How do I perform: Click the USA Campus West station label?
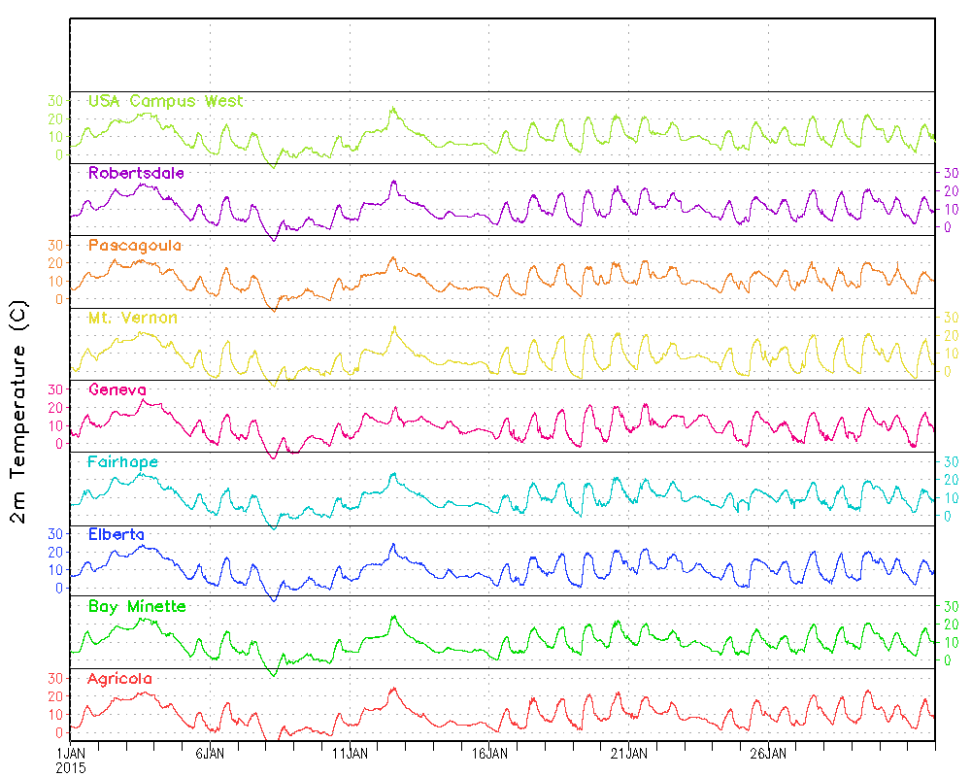(x=165, y=101)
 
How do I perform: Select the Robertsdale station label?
(x=136, y=173)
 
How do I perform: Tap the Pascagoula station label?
(x=135, y=246)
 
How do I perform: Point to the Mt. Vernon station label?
(x=133, y=319)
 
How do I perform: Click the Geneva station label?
(x=117, y=390)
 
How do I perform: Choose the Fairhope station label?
(x=122, y=462)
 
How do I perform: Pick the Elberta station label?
(x=117, y=534)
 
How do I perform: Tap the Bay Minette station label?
(x=137, y=607)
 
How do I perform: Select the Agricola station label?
(x=120, y=679)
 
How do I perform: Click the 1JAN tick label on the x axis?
(x=72, y=753)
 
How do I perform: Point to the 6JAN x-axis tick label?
(x=211, y=753)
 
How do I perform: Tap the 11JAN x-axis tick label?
(x=350, y=753)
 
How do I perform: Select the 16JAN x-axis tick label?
(x=489, y=753)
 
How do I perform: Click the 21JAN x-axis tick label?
(x=629, y=753)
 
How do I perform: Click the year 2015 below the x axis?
(x=71, y=767)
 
